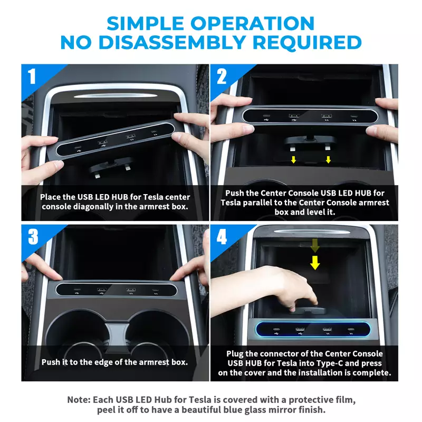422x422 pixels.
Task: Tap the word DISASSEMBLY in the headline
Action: pyautogui.click(x=172, y=43)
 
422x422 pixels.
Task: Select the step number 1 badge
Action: pyautogui.click(x=32, y=76)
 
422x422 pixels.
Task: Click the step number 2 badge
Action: pyautogui.click(x=222, y=76)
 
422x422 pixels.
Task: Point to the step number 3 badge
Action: pyautogui.click(x=33, y=237)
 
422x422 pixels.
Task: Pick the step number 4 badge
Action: pyautogui.click(x=222, y=237)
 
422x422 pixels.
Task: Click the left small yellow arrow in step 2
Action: pyautogui.click(x=293, y=160)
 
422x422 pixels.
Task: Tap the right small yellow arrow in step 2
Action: pyautogui.click(x=328, y=160)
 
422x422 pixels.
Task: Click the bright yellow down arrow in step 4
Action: pyautogui.click(x=315, y=262)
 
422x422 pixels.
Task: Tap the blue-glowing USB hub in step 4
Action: pyautogui.click(x=313, y=329)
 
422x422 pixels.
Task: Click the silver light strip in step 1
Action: pyautogui.click(x=115, y=95)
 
